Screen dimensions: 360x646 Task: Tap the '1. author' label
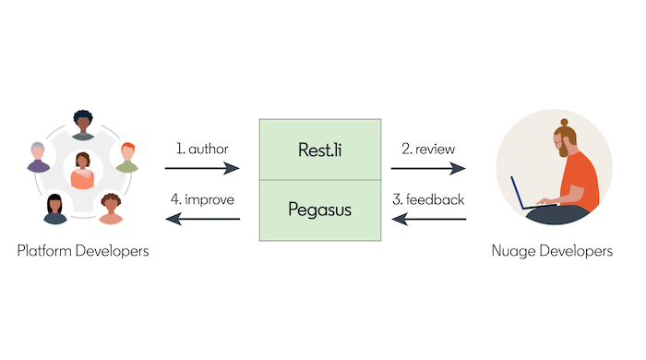click(x=201, y=149)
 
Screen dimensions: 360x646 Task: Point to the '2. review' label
click(x=428, y=149)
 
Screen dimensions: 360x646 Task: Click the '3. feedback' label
click(x=428, y=199)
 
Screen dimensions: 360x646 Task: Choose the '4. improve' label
click(x=203, y=199)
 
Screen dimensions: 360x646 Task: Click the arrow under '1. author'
click(x=202, y=169)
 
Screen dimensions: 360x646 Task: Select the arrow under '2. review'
click(x=428, y=169)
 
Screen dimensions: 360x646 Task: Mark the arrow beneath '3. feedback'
click(x=428, y=220)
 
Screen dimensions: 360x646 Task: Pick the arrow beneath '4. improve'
click(x=202, y=220)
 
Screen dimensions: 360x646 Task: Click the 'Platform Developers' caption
click(x=83, y=250)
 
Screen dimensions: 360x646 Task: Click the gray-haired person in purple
click(x=38, y=157)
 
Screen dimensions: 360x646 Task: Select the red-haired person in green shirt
click(x=127, y=158)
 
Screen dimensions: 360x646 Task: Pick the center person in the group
click(x=82, y=172)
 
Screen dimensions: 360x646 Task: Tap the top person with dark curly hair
click(x=83, y=126)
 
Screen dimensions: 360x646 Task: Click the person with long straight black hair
click(x=54, y=210)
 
